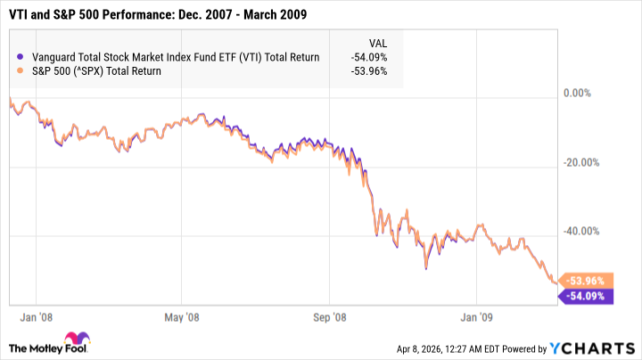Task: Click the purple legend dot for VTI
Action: click(20, 57)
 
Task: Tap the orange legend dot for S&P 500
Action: click(20, 71)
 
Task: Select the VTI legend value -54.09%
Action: click(367, 57)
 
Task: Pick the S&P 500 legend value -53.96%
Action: click(367, 71)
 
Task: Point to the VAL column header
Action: click(377, 42)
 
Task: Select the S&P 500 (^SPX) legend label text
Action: click(96, 71)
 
